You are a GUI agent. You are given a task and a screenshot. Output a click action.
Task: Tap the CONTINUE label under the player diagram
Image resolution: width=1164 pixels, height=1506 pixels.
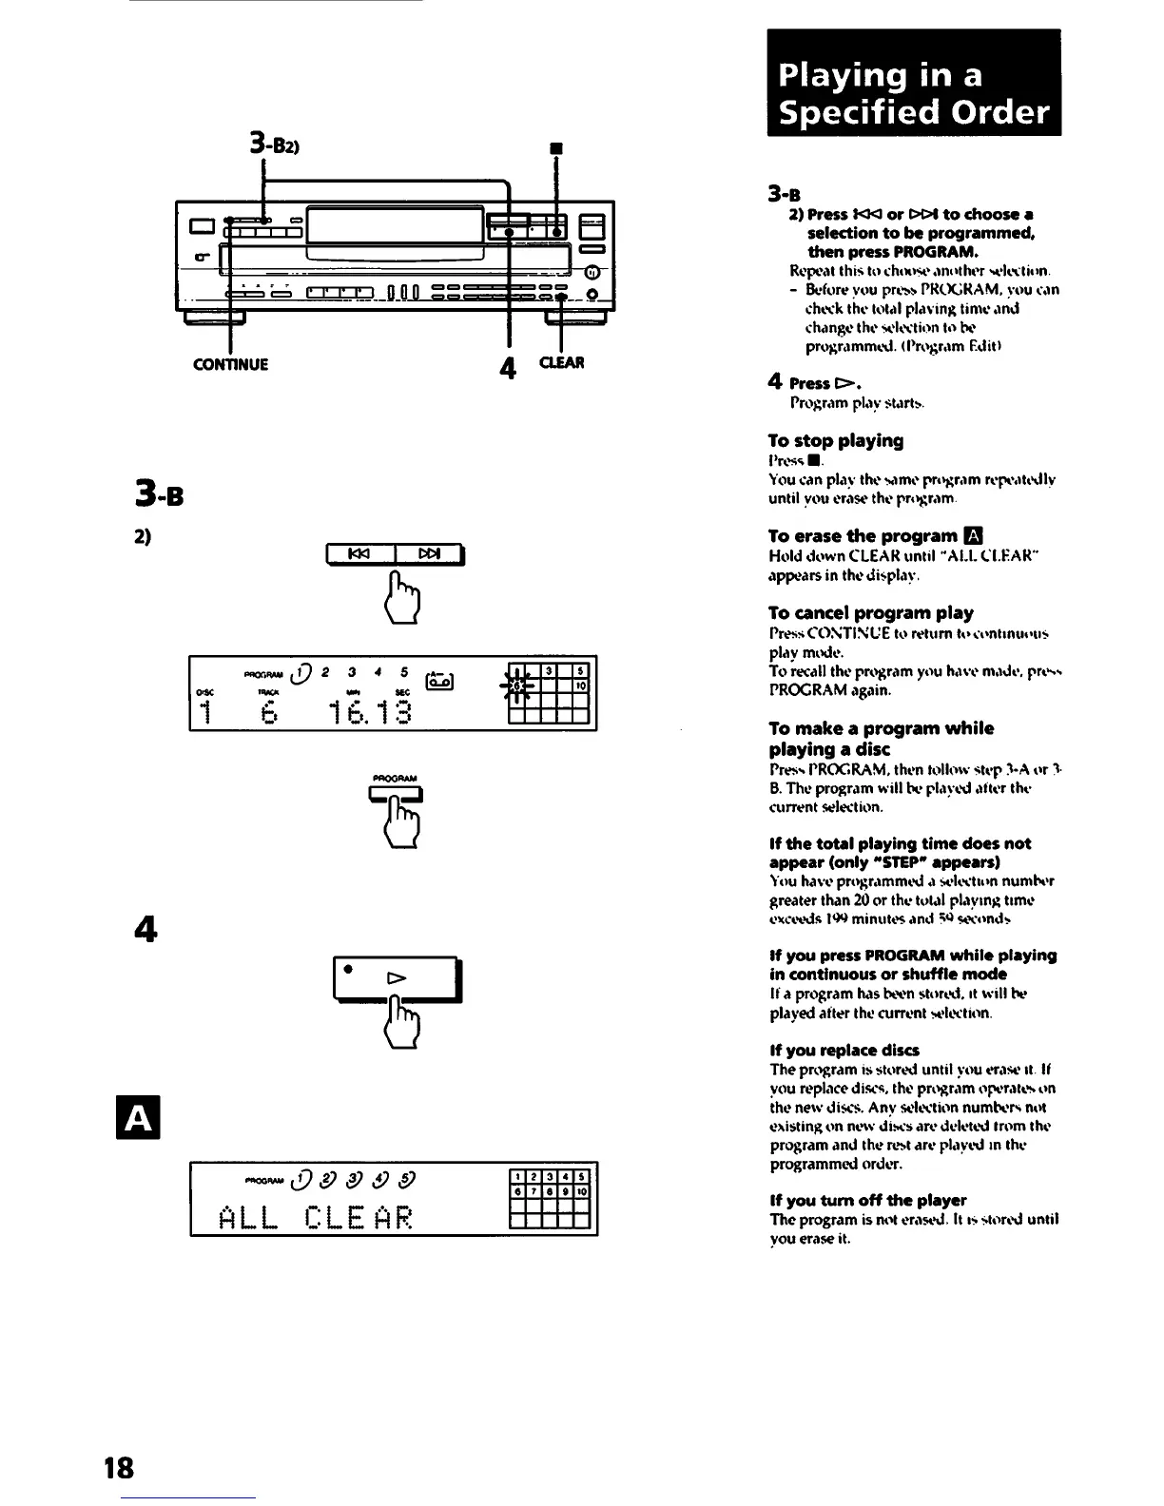[x=231, y=364]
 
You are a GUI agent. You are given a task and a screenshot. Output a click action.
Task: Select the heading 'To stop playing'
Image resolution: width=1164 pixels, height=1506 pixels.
[x=835, y=440]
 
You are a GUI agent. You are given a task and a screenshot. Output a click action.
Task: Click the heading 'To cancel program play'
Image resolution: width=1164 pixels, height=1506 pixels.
[x=870, y=612]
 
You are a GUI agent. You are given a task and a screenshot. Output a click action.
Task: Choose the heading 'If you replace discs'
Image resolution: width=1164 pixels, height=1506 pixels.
[x=844, y=1050]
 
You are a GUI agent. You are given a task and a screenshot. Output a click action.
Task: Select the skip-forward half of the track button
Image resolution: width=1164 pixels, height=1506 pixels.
[x=428, y=554]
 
